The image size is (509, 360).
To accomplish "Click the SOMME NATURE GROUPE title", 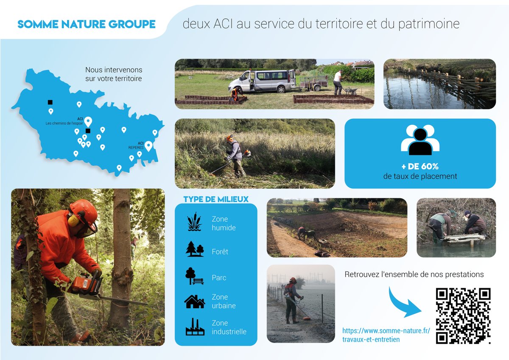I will tap(87, 24).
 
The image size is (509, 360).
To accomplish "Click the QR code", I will tap(463, 316).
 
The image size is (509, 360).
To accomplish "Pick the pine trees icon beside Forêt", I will tap(195, 249).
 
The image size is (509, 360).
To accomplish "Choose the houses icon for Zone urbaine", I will tap(195, 301).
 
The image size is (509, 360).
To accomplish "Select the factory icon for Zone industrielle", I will tap(195, 327).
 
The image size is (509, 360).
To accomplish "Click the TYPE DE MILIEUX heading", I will tap(216, 199).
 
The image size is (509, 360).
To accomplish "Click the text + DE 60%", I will tap(420, 166).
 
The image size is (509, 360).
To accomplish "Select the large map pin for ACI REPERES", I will tap(148, 146).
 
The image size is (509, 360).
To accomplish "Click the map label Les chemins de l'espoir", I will tap(64, 123).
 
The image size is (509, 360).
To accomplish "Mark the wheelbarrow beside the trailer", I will tap(350, 90).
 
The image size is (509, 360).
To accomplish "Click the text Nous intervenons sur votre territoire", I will tap(114, 74).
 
